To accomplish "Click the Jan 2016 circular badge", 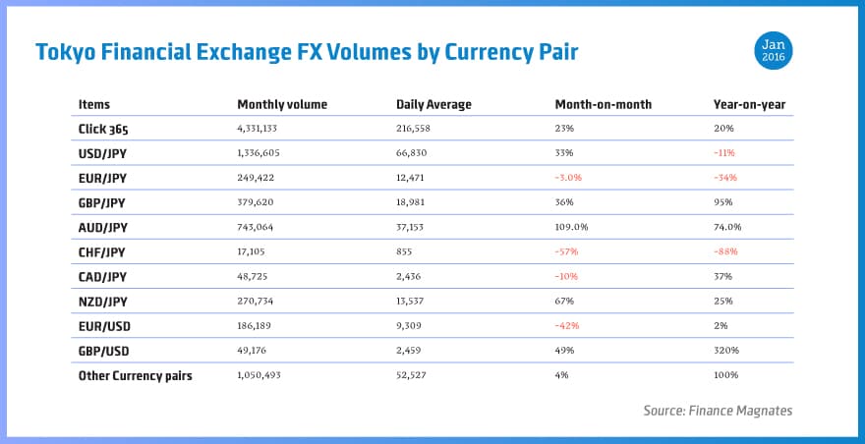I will (x=774, y=50).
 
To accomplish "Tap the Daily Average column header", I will (x=433, y=104).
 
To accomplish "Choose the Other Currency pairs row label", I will (x=136, y=374).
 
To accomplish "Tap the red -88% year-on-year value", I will (x=725, y=251).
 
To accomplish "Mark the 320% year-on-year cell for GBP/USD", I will (x=726, y=350).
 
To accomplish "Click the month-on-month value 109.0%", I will (x=571, y=227).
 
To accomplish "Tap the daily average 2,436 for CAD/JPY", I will (x=412, y=276).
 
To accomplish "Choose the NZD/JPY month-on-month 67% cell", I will (x=564, y=301).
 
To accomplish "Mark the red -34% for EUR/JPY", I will (x=725, y=178).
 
